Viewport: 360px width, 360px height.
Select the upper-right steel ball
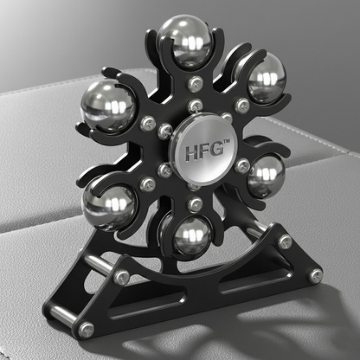coord(266,77)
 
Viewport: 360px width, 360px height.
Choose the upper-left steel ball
coord(106,105)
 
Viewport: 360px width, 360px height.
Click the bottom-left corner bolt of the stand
coord(87,329)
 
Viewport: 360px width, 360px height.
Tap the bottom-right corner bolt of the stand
coord(316,274)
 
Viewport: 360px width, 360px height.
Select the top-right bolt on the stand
coord(286,241)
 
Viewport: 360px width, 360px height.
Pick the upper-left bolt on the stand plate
coord(123,277)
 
